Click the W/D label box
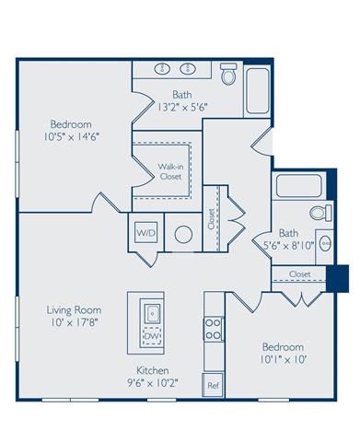click(145, 234)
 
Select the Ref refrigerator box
click(213, 385)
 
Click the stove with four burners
click(213, 329)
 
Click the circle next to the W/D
click(183, 235)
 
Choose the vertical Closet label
click(211, 217)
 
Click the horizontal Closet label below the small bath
click(299, 274)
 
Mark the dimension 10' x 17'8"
click(74, 323)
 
